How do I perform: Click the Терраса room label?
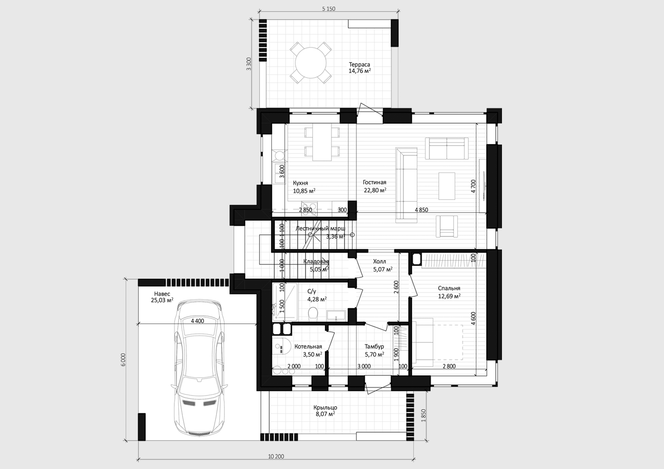pos(359,64)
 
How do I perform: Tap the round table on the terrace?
pos(311,63)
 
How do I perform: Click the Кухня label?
pos(300,183)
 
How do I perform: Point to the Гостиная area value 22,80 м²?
pos(375,190)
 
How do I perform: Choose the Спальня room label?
pos(449,288)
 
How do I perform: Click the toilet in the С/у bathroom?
pos(313,313)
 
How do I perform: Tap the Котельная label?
pos(308,347)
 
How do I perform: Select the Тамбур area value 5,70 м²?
pos(374,354)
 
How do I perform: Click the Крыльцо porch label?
pos(325,407)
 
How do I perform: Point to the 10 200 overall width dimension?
pos(276,456)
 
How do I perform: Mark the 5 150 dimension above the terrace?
pos(329,9)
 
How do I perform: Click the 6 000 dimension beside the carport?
pos(124,360)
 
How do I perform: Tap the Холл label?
pos(379,261)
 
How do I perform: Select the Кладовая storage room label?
pos(316,262)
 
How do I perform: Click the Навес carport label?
pos(162,294)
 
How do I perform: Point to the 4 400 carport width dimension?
pos(198,321)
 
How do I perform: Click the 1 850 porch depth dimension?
pos(423,415)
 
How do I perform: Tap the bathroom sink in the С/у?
pos(336,315)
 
